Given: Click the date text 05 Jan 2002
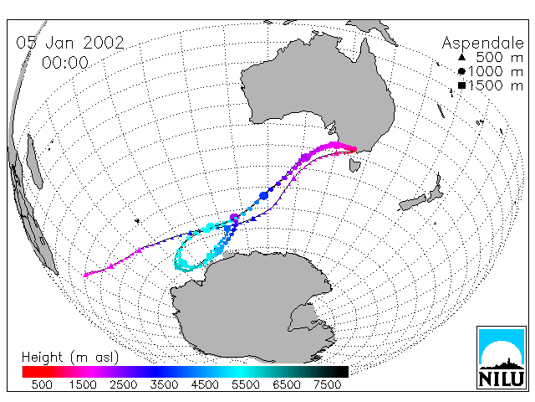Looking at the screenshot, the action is tap(70, 43).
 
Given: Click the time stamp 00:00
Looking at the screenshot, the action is tap(65, 63).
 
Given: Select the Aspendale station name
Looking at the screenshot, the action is tap(483, 44).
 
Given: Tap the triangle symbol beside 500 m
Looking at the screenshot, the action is tap(461, 57).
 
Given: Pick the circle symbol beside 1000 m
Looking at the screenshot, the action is tap(461, 71).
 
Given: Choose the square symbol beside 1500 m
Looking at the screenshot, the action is tap(461, 85).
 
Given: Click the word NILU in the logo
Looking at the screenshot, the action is tap(502, 379).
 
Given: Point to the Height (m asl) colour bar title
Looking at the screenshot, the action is tap(70, 358).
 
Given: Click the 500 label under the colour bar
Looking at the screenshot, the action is tap(42, 385).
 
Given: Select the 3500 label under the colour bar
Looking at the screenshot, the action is tap(164, 385).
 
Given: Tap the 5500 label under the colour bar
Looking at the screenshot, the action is tap(246, 385).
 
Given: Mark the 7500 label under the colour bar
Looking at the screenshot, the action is tap(327, 385).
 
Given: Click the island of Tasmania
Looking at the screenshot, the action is tap(354, 165).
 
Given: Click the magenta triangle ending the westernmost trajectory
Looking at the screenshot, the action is tap(85, 275).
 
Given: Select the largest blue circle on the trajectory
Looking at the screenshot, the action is tap(264, 196).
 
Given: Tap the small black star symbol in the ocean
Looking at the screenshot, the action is tap(137, 221).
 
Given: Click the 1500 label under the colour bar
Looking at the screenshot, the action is tap(83, 385).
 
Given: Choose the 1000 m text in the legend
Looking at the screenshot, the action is tap(496, 71).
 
